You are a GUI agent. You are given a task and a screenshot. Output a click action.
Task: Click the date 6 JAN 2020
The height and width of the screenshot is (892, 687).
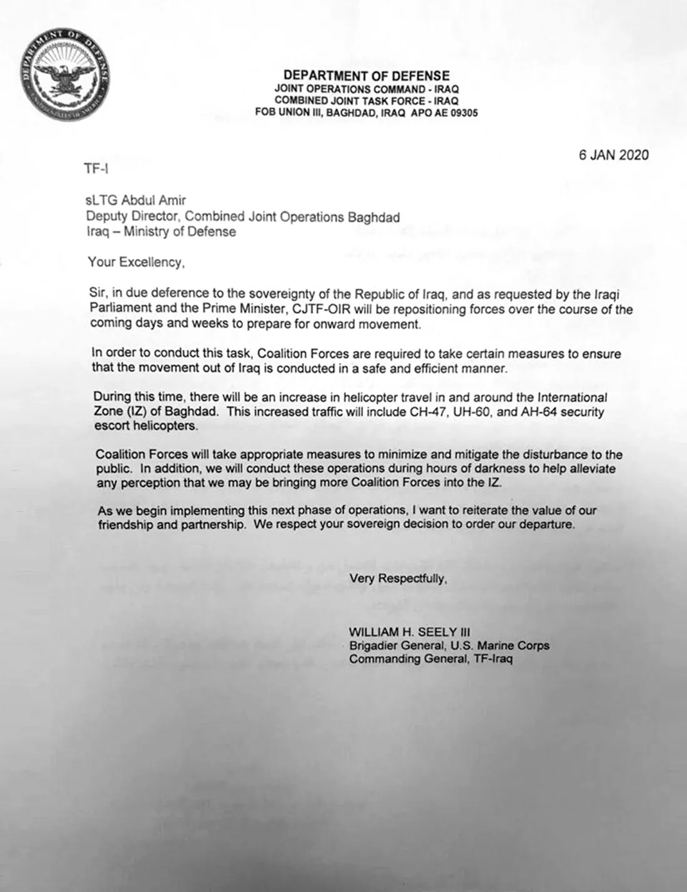(x=613, y=155)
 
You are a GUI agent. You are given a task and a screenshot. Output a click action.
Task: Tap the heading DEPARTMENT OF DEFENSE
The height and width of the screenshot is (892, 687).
(x=366, y=75)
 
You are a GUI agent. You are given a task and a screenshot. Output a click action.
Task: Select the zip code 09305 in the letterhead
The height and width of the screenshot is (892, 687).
(x=465, y=113)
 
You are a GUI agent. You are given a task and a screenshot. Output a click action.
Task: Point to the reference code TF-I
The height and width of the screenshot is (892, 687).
(x=96, y=169)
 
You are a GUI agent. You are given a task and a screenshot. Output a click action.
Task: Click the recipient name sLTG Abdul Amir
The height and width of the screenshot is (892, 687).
(x=136, y=201)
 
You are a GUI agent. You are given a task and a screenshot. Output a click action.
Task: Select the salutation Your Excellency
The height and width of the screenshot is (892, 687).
(x=136, y=262)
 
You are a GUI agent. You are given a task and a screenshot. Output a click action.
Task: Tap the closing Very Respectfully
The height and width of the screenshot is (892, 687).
(x=398, y=578)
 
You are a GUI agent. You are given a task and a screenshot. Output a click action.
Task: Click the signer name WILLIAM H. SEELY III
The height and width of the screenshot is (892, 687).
(x=409, y=632)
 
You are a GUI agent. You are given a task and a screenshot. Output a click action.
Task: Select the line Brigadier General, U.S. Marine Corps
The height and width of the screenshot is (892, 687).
(x=449, y=646)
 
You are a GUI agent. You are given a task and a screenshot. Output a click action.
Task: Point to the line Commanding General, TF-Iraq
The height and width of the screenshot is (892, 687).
(x=431, y=659)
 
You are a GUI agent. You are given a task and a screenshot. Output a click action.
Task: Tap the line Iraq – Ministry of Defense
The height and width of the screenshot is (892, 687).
(x=161, y=232)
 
